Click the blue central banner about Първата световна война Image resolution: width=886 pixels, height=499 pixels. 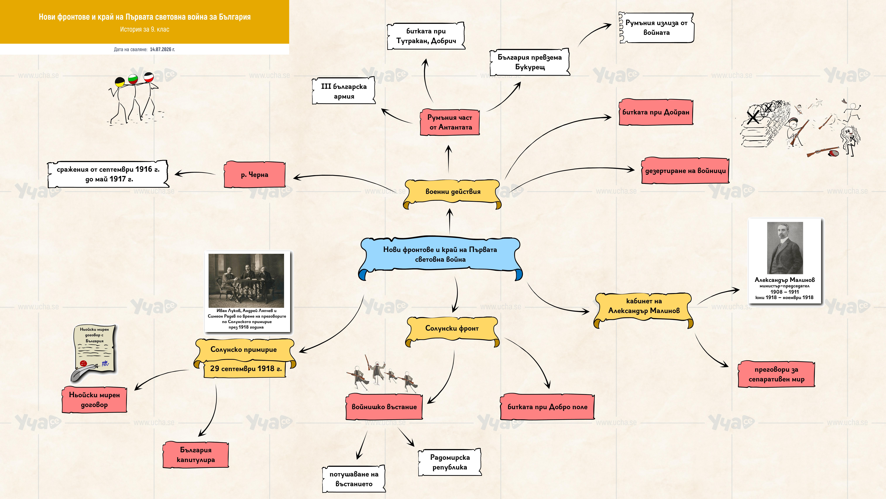point(440,257)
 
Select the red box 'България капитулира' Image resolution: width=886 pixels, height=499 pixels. point(196,455)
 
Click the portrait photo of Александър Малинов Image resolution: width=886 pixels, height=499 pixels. point(785,248)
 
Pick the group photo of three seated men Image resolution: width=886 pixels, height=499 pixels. point(246,281)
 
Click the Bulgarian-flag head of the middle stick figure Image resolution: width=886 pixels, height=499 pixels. point(133,79)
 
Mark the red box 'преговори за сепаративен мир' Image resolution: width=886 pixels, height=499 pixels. point(776,374)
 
